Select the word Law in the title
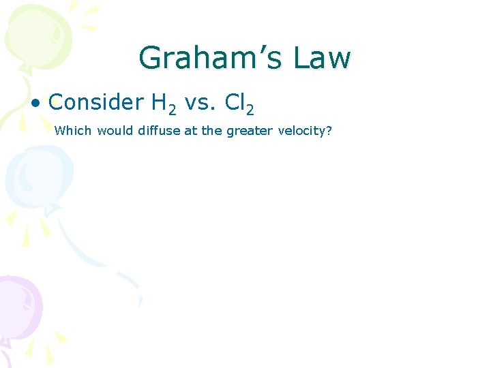click(323, 58)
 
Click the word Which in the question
click(73, 130)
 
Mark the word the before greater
click(212, 130)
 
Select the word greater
click(249, 131)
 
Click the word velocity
click(302, 131)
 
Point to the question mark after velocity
click(329, 130)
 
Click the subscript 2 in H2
click(173, 108)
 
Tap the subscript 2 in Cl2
click(250, 108)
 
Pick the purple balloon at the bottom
click(17, 307)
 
